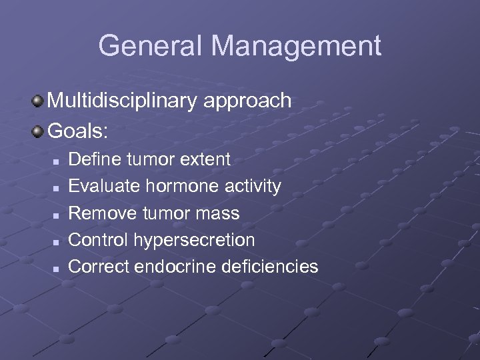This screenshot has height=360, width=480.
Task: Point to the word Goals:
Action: coord(77,130)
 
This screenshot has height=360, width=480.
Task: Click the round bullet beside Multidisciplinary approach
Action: coord(38,101)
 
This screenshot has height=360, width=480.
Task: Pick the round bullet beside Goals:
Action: coord(38,130)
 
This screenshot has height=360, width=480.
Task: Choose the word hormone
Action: coord(169,186)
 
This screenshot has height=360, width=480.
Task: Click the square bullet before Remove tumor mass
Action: coord(57,215)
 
